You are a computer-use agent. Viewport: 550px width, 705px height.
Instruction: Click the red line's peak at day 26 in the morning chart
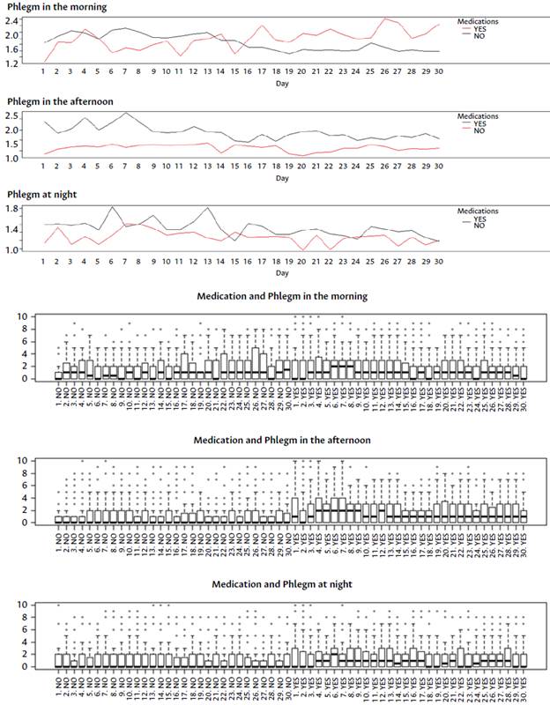(384, 19)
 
